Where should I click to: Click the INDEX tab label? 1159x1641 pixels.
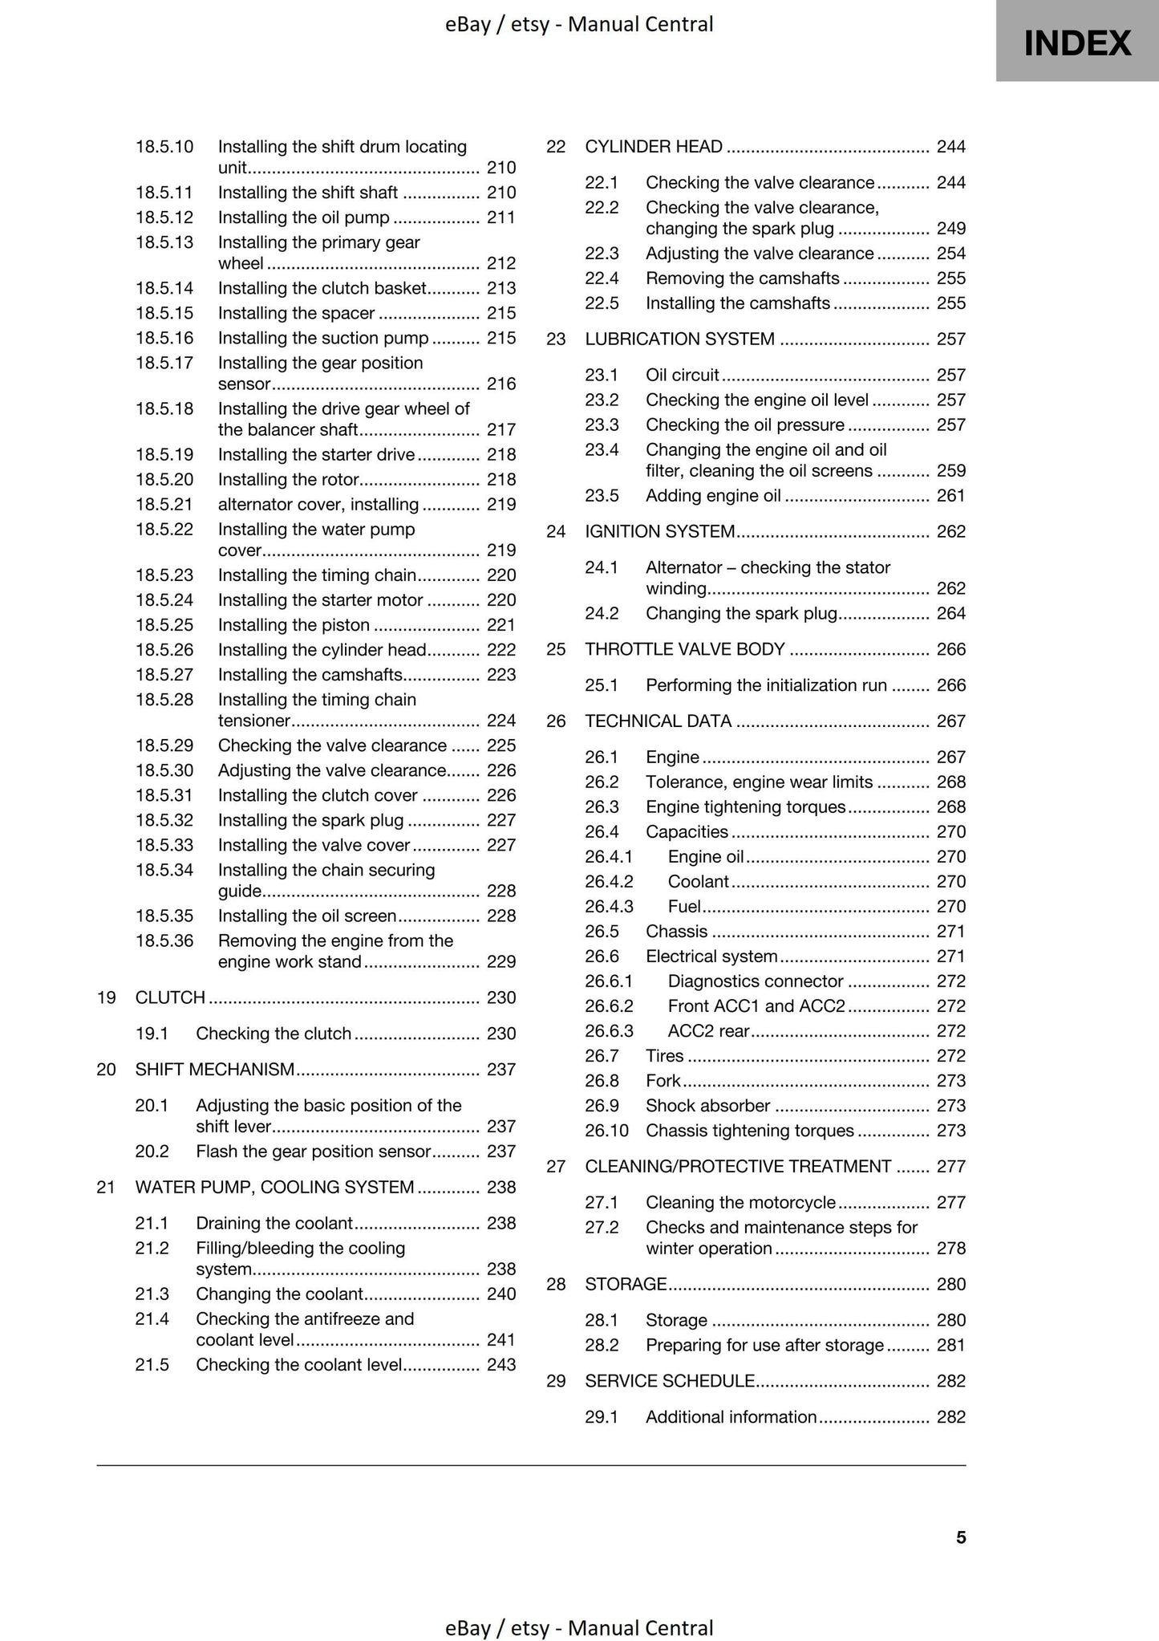[x=1077, y=43]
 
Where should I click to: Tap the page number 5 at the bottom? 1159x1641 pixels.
[x=960, y=1537]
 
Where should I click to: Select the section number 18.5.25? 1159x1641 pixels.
[x=164, y=625]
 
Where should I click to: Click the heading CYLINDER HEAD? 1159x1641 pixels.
[x=654, y=147]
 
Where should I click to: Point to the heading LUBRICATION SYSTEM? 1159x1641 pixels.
[x=679, y=339]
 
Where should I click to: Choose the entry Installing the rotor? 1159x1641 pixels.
[x=288, y=480]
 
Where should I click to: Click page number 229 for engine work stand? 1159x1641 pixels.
[x=501, y=962]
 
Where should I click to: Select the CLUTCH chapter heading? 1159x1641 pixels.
[x=170, y=997]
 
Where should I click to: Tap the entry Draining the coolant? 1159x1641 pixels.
[x=274, y=1223]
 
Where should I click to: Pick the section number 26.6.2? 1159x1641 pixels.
[x=609, y=1006]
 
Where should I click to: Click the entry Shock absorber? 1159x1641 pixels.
[x=707, y=1106]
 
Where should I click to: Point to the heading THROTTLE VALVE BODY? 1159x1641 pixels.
[x=684, y=649]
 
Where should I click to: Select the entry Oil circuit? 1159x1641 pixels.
[x=682, y=376]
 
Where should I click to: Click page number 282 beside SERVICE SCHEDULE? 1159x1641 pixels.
[x=950, y=1381]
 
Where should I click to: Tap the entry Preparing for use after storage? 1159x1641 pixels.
[x=764, y=1345]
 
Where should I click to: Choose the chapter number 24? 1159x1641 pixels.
[x=556, y=531]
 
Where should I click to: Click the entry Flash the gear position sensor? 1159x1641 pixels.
[x=314, y=1152]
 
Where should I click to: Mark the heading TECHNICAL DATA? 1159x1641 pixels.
[x=658, y=721]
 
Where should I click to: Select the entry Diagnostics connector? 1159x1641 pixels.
[x=755, y=981]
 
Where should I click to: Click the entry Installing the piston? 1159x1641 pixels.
[x=294, y=625]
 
